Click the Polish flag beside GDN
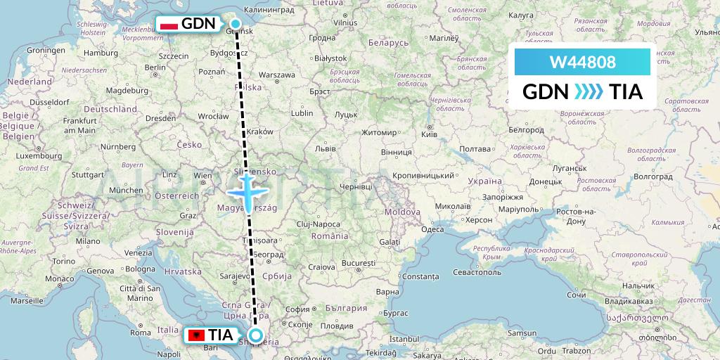(169, 25)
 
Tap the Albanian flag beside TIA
(195, 336)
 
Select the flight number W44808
(583, 63)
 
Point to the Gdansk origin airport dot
(236, 24)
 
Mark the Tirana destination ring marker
(255, 336)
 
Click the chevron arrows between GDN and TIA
(584, 92)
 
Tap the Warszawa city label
(276, 75)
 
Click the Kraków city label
(259, 131)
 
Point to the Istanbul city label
(406, 339)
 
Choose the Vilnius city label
(345, 22)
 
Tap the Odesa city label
(432, 229)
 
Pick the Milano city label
(88, 240)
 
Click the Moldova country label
(402, 212)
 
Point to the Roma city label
(141, 333)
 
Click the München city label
(126, 190)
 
